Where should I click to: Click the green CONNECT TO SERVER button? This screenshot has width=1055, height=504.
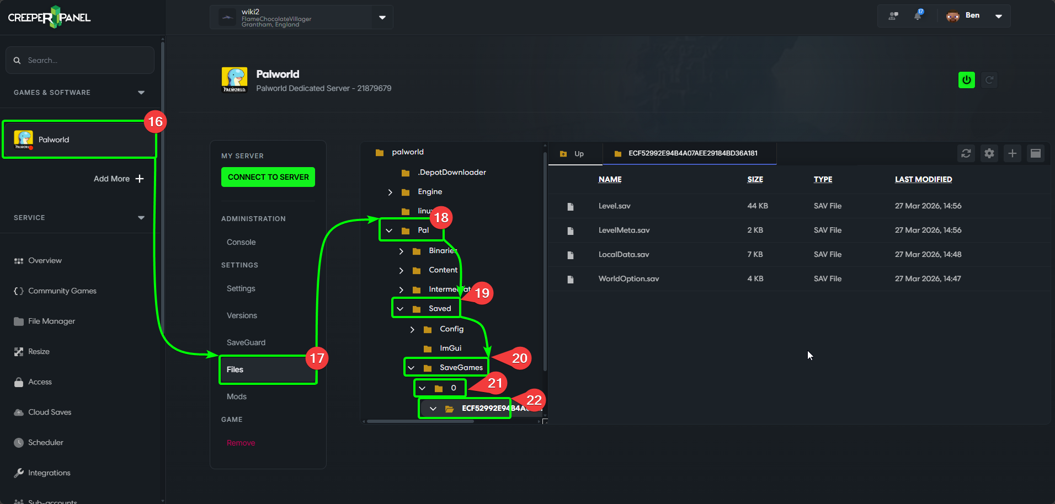[x=268, y=177]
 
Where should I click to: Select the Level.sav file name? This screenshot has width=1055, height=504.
[x=614, y=206]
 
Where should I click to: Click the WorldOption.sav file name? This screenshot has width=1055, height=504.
[x=628, y=278]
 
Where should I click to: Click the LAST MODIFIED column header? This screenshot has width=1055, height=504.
[x=923, y=179]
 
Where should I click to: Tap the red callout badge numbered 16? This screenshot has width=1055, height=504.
[x=156, y=122]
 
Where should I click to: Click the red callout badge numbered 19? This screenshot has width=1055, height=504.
[x=482, y=293]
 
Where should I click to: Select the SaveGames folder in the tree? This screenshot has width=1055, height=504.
[x=461, y=367]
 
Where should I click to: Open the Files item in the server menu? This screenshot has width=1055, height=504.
[x=235, y=369]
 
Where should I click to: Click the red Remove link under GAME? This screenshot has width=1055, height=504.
[x=241, y=443]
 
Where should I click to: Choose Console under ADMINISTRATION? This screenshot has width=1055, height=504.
[x=241, y=242]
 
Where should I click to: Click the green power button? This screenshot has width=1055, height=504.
[x=966, y=80]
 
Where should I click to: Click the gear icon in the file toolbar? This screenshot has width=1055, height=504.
[x=989, y=153]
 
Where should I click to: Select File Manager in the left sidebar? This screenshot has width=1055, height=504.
[x=51, y=321]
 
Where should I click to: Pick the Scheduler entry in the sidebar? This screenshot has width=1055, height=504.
[x=45, y=442]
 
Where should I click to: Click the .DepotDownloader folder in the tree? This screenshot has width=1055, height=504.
[x=451, y=172]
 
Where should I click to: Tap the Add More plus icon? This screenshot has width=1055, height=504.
[x=140, y=179]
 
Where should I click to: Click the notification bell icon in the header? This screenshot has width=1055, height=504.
[x=918, y=15]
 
